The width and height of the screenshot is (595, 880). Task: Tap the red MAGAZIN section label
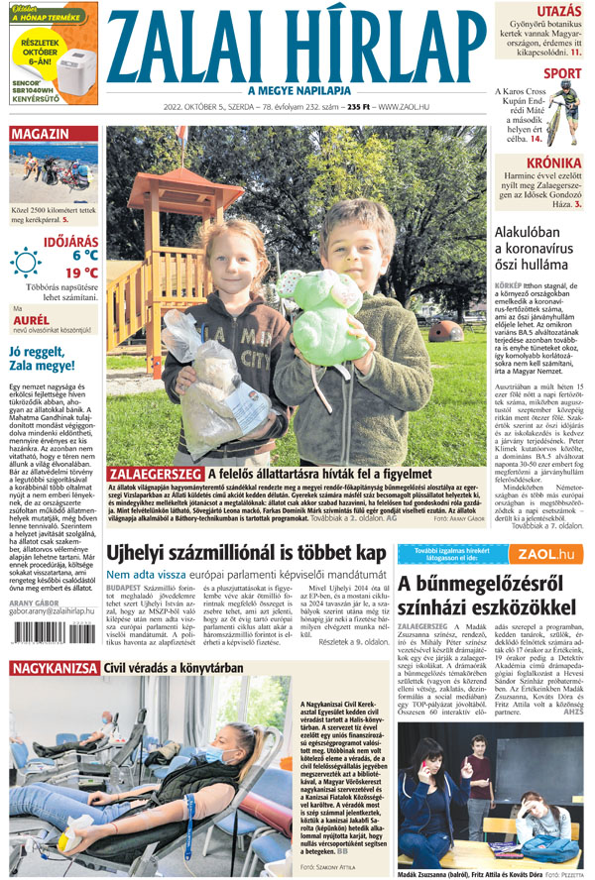(x=41, y=133)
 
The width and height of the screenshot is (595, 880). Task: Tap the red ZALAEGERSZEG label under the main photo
(x=155, y=475)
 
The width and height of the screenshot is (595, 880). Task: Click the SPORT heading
(x=562, y=73)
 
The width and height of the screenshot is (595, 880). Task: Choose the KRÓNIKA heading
(x=554, y=163)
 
